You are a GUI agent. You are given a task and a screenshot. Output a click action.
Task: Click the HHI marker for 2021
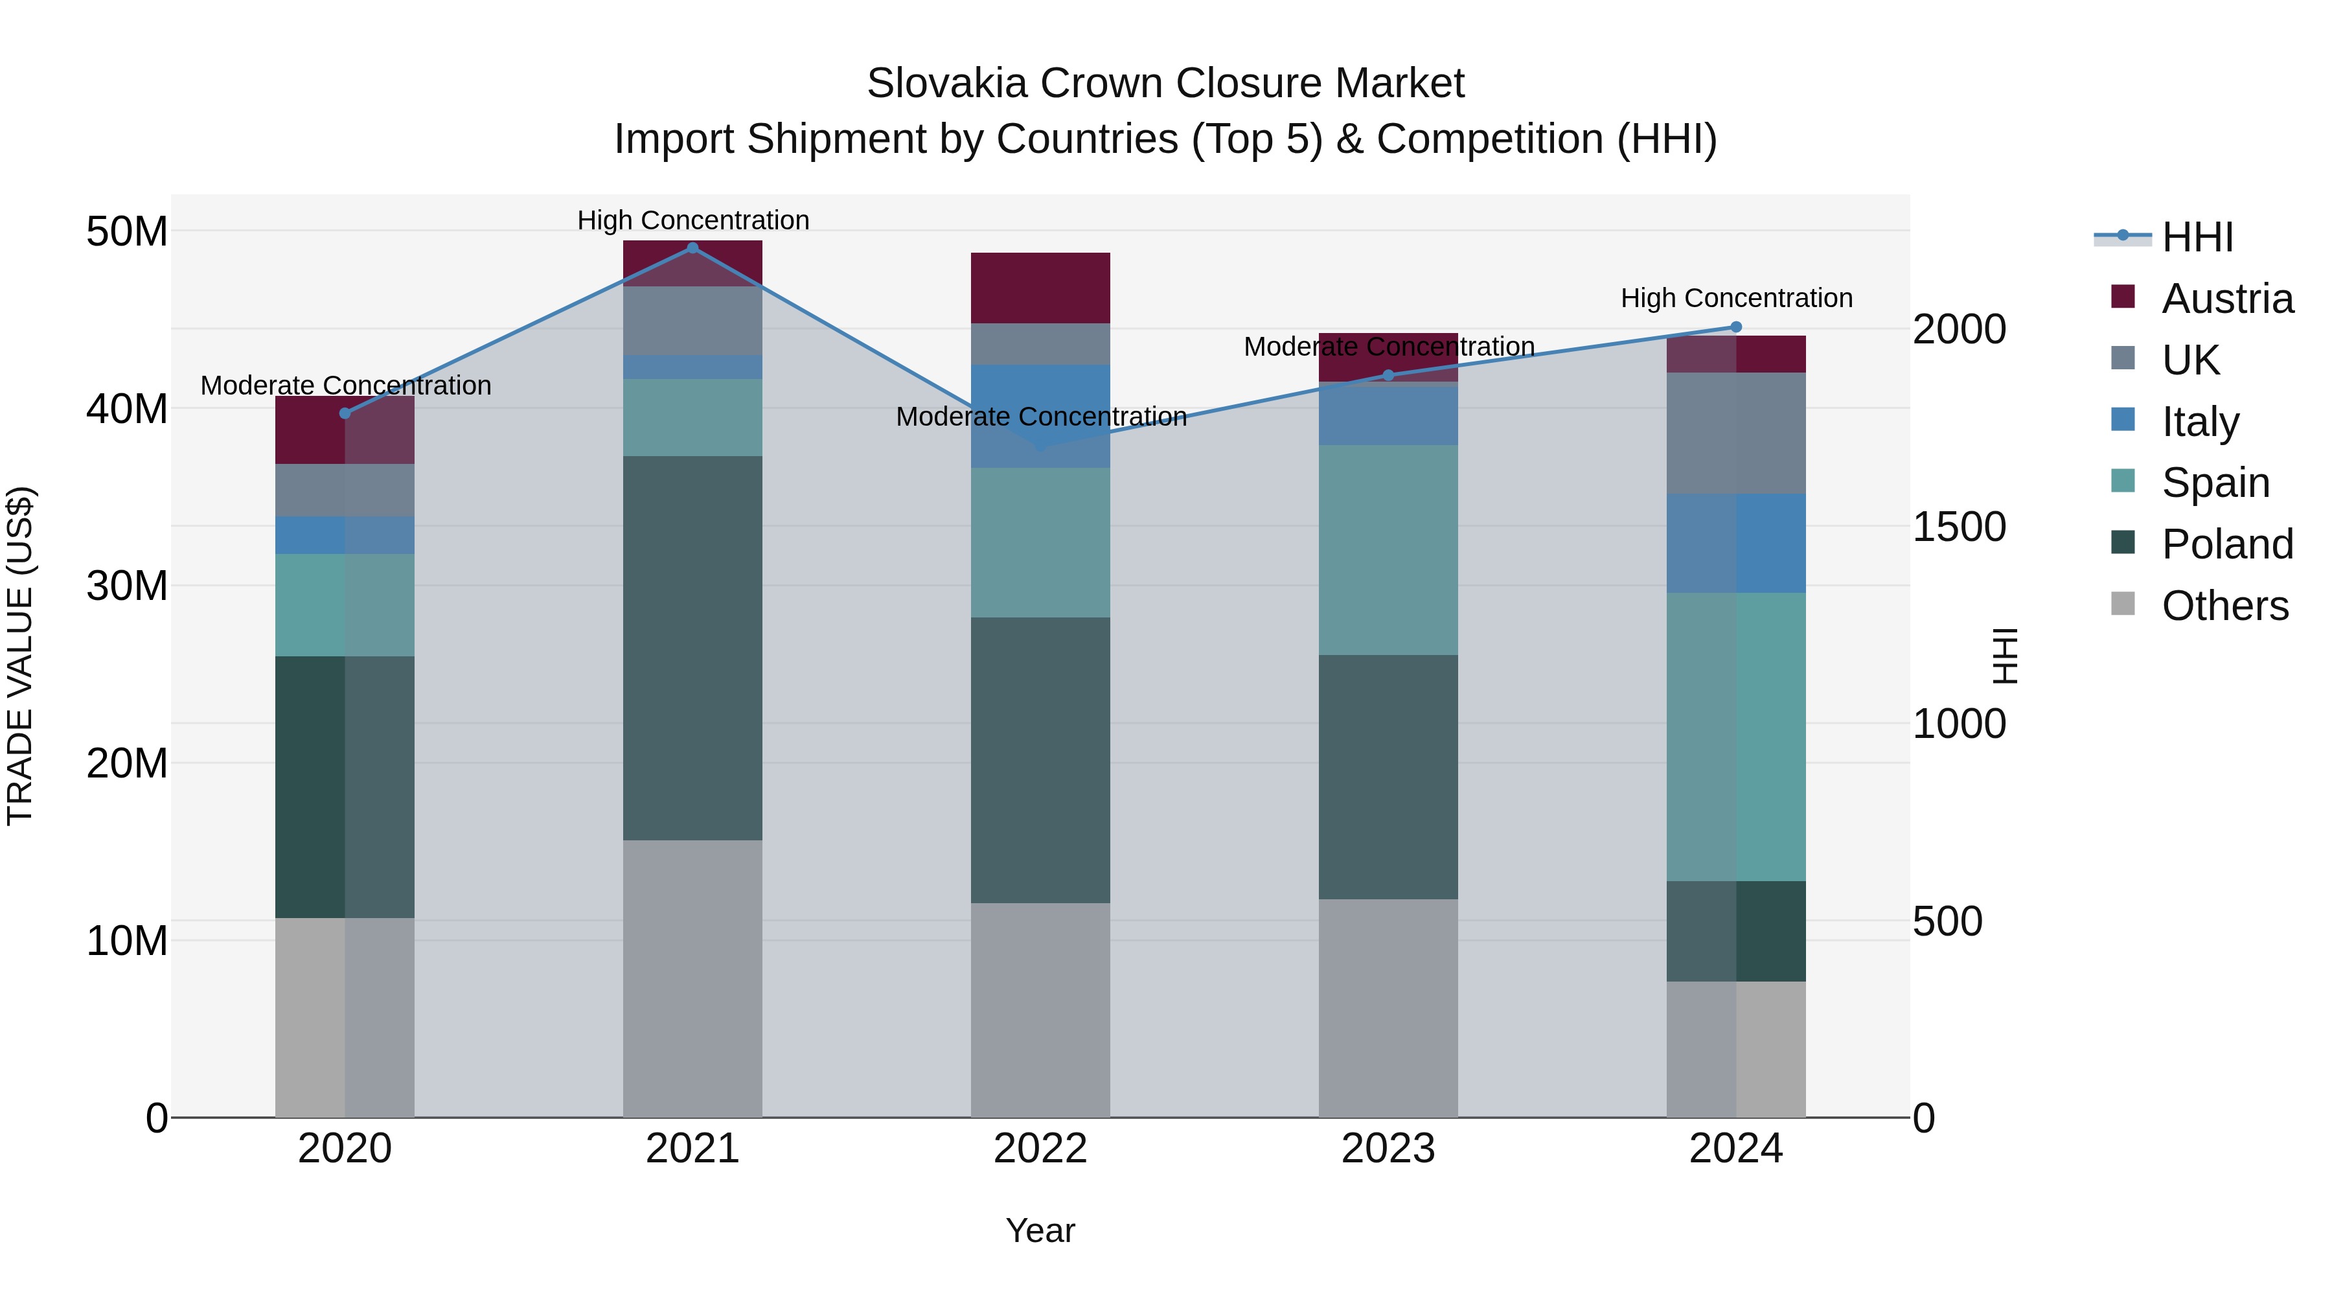(692, 248)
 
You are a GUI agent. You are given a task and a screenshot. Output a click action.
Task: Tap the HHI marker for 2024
(1735, 327)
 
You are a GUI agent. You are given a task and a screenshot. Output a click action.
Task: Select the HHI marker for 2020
(345, 413)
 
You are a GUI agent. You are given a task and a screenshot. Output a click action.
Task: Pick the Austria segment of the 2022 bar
(1040, 288)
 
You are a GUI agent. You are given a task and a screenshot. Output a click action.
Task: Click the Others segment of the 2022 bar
(1040, 1009)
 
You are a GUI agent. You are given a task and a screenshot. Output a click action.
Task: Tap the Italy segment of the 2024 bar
(1735, 544)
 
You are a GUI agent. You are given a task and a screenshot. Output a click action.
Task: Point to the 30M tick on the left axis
(127, 586)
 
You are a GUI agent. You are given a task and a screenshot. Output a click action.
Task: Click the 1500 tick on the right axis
(1959, 527)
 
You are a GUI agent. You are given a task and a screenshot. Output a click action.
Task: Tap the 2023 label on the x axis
(1388, 1149)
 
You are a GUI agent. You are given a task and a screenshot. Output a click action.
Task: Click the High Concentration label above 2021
(692, 220)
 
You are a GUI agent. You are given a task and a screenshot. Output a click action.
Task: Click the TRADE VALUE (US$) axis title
(20, 656)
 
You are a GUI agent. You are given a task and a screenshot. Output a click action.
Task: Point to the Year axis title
(1040, 1230)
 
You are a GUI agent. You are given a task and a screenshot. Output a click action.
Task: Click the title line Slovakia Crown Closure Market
(1165, 84)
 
